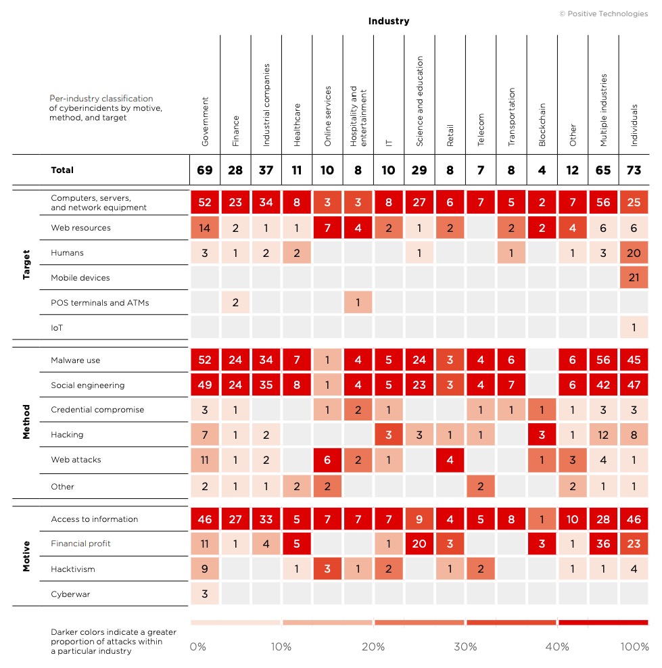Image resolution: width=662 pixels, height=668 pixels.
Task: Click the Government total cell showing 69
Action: point(205,170)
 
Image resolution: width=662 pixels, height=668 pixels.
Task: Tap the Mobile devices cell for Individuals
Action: point(634,278)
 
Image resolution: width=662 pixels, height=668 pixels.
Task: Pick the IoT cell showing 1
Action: point(634,328)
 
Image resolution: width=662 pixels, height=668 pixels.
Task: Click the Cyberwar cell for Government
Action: point(205,594)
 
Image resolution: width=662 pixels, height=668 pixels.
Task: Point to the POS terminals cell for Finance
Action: point(235,303)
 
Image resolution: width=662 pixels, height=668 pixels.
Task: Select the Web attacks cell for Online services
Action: point(327,460)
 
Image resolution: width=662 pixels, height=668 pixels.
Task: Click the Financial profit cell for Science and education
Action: point(419,544)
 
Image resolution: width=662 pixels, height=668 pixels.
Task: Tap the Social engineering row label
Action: point(88,385)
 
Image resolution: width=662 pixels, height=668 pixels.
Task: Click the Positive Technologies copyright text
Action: point(604,14)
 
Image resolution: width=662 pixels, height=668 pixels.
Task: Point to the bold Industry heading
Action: point(389,21)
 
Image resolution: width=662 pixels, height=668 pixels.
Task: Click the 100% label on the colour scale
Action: point(635,647)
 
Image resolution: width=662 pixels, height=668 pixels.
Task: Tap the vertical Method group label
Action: point(26,422)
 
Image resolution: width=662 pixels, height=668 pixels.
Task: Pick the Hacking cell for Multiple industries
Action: point(604,435)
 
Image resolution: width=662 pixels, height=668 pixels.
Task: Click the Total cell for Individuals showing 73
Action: point(634,170)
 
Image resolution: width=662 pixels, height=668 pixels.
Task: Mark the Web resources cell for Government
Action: point(205,228)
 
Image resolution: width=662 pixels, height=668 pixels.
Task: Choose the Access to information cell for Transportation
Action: point(511,519)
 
